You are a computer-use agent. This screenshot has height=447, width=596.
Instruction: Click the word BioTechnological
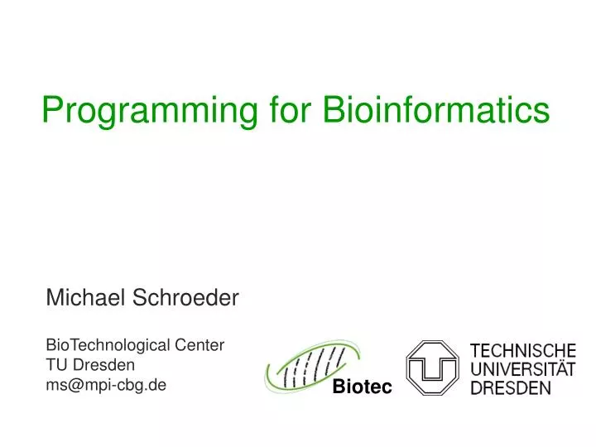pyautogui.click(x=108, y=346)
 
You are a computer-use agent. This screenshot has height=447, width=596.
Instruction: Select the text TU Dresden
pyautogui.click(x=90, y=365)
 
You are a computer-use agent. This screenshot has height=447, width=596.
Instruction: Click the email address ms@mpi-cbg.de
pyautogui.click(x=106, y=385)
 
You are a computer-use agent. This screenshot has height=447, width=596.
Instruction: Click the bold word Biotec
pyautogui.click(x=362, y=387)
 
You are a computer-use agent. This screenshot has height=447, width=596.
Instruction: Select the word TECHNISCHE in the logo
pyautogui.click(x=523, y=351)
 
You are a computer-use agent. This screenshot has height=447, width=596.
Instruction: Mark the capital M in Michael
pyautogui.click(x=54, y=297)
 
